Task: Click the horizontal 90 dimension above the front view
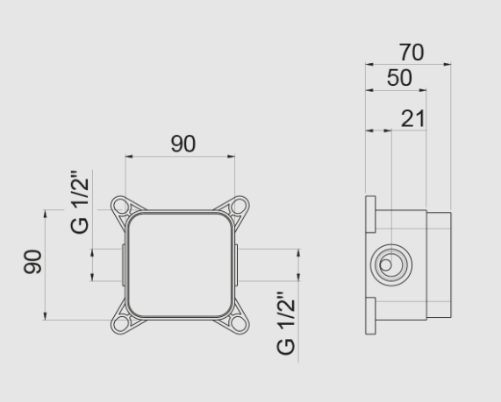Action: [x=183, y=144]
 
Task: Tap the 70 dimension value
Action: [x=410, y=53]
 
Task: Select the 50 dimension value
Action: [x=399, y=79]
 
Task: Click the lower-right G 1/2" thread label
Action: [x=286, y=323]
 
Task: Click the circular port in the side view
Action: [x=387, y=263]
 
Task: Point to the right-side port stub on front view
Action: [x=240, y=264]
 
